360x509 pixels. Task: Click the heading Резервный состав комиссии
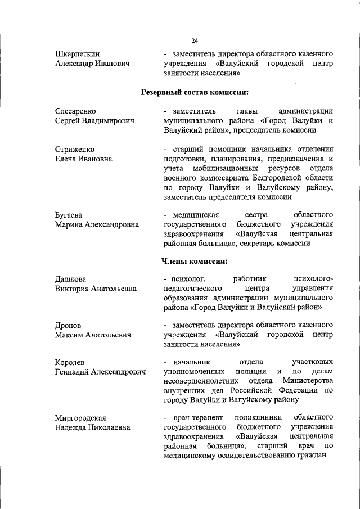click(x=195, y=92)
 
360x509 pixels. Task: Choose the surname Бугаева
click(x=69, y=215)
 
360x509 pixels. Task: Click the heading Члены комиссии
click(x=195, y=260)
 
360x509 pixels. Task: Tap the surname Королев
click(x=70, y=362)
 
